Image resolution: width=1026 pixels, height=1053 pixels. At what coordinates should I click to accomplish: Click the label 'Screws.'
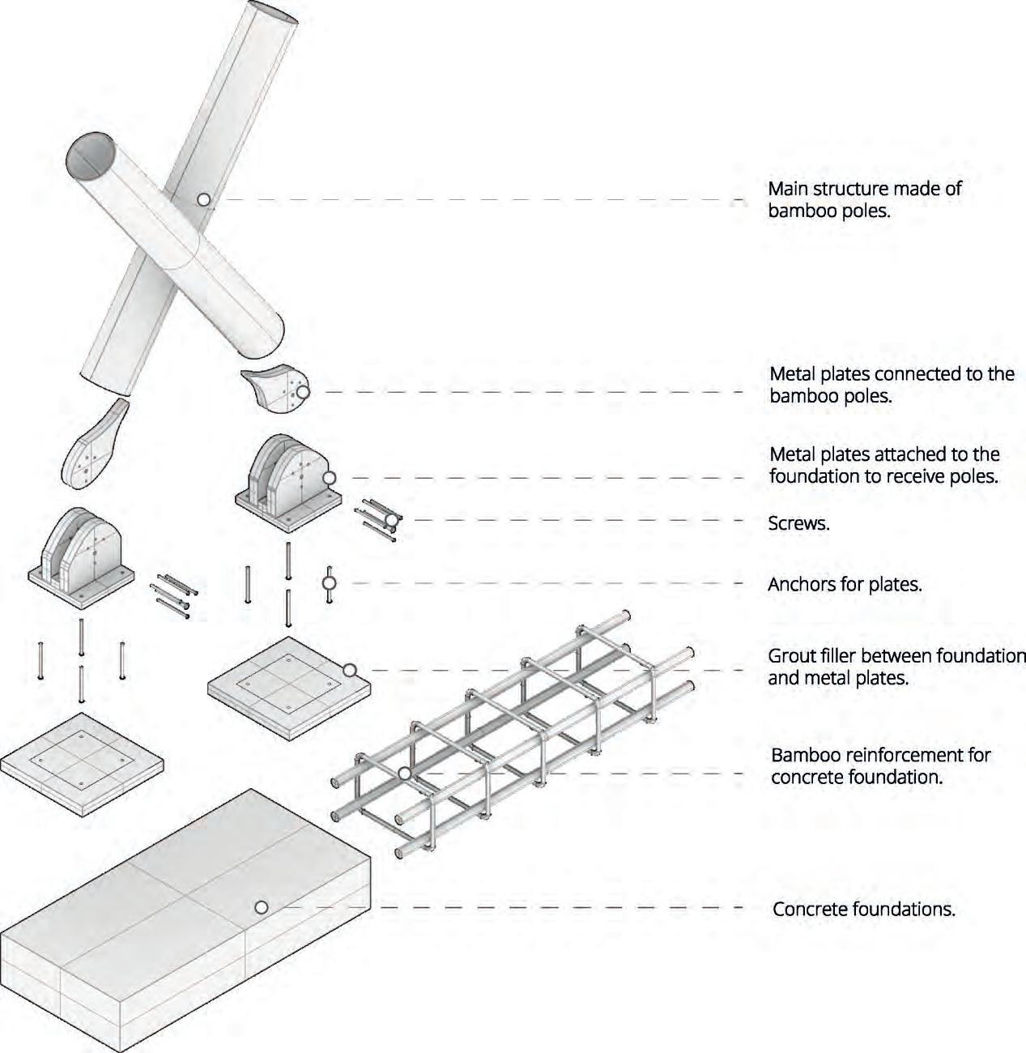click(x=798, y=523)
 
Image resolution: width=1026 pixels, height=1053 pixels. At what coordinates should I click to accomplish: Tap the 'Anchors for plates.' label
click(x=845, y=584)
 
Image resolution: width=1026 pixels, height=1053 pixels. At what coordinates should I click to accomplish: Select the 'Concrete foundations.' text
click(x=864, y=909)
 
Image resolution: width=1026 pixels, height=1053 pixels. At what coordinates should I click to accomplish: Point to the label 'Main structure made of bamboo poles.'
click(x=864, y=200)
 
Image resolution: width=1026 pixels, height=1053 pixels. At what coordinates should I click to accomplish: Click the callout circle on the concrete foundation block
click(x=261, y=907)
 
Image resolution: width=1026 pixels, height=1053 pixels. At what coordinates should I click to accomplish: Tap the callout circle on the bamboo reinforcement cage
click(x=404, y=774)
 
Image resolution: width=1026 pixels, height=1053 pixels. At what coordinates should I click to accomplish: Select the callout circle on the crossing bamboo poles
click(x=203, y=198)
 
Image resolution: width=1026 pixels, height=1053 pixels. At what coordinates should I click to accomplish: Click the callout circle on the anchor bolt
click(x=330, y=582)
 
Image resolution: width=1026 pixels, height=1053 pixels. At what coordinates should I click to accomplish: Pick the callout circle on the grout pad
click(x=349, y=670)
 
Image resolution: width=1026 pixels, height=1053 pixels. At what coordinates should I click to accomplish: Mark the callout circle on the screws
click(x=392, y=519)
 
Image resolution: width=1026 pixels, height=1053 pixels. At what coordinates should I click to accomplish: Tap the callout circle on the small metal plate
click(x=302, y=392)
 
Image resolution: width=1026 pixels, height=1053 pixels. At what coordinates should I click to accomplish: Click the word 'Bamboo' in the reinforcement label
click(x=805, y=756)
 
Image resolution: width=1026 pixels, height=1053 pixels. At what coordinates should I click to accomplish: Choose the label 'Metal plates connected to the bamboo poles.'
click(x=891, y=385)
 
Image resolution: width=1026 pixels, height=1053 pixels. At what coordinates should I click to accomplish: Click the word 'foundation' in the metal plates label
click(x=815, y=476)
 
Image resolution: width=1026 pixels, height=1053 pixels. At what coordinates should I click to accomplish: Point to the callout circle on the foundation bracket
click(x=329, y=478)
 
